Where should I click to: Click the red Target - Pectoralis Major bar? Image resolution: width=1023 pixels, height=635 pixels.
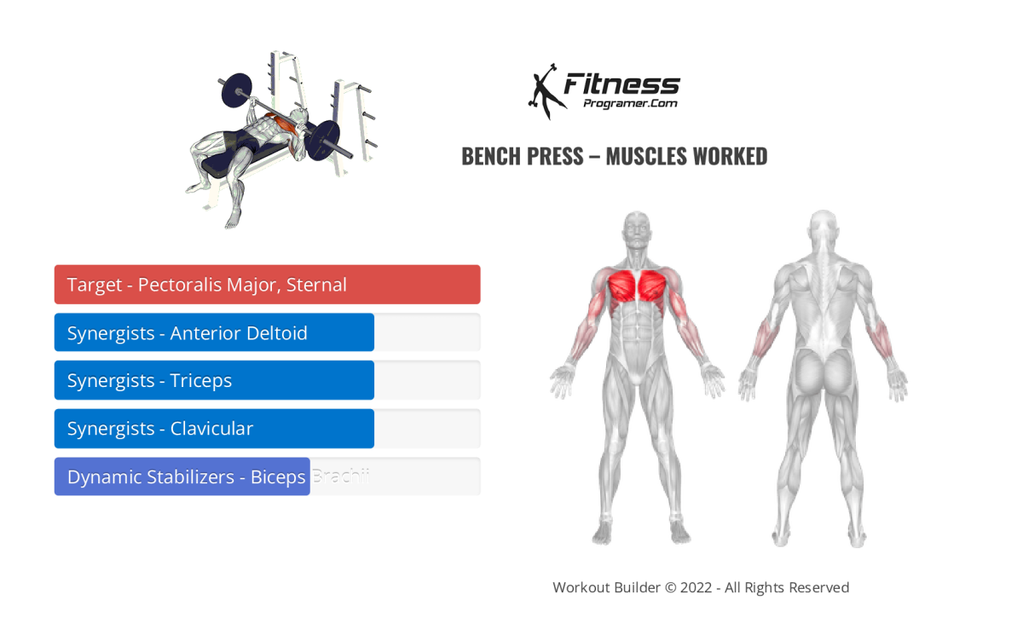(267, 285)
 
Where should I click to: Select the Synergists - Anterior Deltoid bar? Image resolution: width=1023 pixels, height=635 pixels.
(214, 332)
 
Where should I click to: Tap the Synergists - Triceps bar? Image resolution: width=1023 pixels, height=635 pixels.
(214, 380)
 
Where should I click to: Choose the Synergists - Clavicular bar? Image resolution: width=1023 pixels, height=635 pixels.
(214, 429)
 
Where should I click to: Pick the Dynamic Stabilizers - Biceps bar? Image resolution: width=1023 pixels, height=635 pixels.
(182, 476)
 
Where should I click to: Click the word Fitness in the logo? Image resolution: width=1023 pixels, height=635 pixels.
(622, 84)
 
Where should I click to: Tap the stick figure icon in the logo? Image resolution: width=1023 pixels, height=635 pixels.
(543, 91)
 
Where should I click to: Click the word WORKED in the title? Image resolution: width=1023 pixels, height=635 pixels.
(730, 157)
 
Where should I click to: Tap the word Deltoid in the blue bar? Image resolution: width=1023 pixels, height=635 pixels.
(276, 332)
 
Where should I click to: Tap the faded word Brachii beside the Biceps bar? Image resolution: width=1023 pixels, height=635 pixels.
(340, 476)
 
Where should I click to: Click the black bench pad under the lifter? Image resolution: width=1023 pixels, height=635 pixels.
(247, 159)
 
